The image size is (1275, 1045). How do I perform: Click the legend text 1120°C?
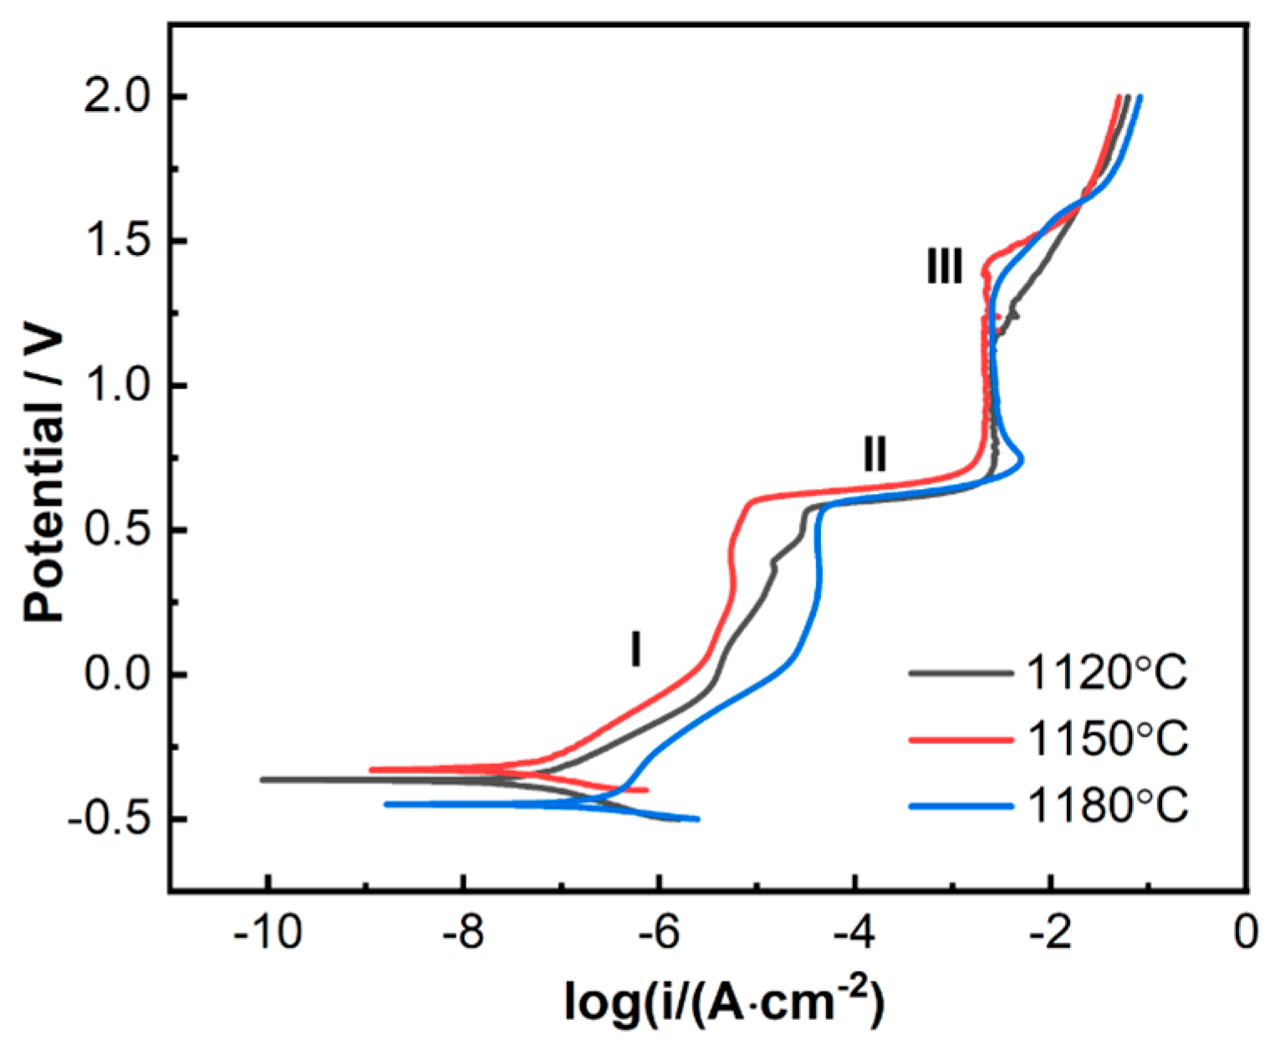click(1106, 673)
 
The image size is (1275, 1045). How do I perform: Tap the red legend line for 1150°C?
click(960, 739)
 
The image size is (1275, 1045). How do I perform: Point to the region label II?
click(875, 455)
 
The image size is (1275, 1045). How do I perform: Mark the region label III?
click(945, 267)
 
